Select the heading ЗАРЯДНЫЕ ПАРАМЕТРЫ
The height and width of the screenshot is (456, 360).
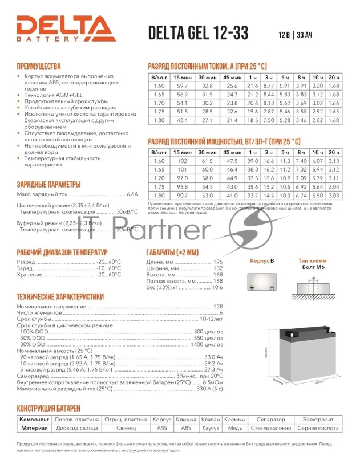pos(48,184)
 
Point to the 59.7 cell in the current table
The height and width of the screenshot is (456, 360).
pos(182,85)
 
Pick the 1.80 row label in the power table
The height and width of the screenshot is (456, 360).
pos(159,196)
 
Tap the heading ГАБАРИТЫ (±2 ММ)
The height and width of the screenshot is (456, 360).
pos(172,252)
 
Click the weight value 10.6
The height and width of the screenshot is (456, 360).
pos(217,287)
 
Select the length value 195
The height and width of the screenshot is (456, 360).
pos(217,262)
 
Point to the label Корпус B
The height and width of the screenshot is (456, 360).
pos(262,261)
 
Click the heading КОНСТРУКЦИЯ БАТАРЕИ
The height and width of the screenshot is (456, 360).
pos(48,409)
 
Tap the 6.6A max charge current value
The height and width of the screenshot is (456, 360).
pos(132,194)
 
